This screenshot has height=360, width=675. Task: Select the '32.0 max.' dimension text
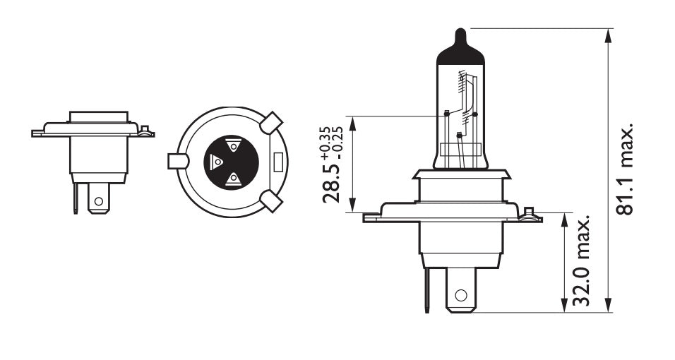tap(581, 262)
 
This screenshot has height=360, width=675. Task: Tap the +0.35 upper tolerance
tap(325, 140)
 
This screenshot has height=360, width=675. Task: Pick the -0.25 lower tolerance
tap(337, 140)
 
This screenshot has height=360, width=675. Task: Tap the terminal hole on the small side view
tap(98, 201)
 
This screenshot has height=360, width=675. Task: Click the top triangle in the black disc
tap(232, 145)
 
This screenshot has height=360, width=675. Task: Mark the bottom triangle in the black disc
tap(232, 179)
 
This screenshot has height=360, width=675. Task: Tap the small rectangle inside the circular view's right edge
tap(277, 162)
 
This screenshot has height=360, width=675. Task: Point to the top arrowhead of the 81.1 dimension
tap(609, 34)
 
